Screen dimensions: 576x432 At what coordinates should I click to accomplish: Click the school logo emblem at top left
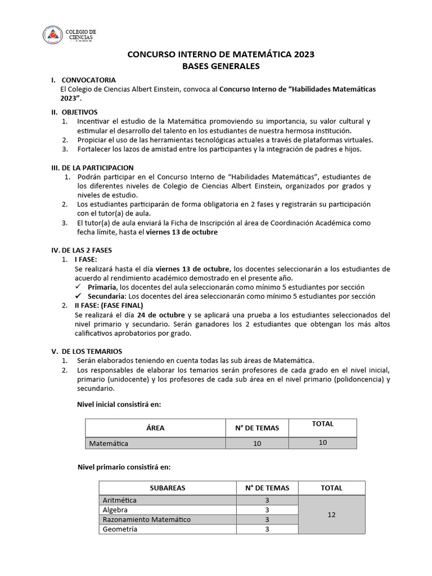(52, 35)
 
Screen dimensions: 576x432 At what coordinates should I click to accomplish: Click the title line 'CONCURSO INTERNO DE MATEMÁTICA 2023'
(220, 55)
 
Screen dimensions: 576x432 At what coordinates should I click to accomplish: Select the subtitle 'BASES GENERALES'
(220, 66)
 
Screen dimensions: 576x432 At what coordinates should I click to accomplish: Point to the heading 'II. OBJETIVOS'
(74, 112)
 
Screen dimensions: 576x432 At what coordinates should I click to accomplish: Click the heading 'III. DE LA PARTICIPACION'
(92, 168)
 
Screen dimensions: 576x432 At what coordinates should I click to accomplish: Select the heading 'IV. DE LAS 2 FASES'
(82, 250)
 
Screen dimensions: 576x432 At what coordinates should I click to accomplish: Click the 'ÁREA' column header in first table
(155, 427)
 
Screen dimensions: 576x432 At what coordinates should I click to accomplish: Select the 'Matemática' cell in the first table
(109, 443)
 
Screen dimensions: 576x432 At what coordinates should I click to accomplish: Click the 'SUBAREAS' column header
(167, 488)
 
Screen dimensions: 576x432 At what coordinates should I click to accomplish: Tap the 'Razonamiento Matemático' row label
(146, 519)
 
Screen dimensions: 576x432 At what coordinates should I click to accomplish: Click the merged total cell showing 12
(331, 515)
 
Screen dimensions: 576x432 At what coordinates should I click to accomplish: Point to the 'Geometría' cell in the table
(120, 529)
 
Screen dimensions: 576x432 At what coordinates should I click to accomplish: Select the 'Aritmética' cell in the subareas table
(119, 500)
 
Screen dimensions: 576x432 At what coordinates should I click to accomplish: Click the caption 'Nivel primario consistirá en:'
(124, 467)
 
